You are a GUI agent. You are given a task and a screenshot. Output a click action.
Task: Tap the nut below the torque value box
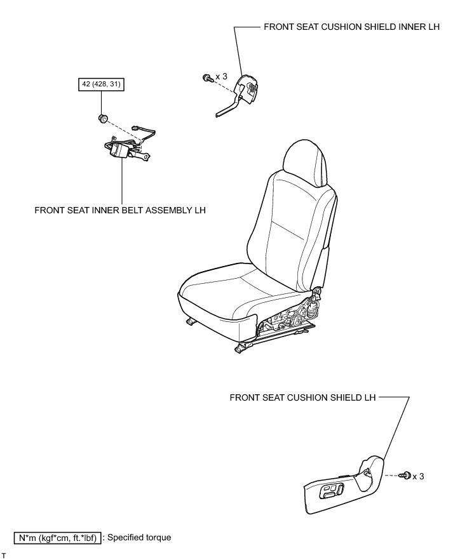[x=102, y=118]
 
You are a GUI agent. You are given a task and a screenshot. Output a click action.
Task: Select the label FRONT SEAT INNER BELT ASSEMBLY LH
[x=120, y=210]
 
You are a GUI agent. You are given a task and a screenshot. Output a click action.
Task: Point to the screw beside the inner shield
[x=207, y=77]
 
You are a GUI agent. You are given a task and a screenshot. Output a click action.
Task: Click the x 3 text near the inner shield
[x=222, y=77]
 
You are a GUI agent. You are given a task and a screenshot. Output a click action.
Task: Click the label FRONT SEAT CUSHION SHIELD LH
[x=302, y=397]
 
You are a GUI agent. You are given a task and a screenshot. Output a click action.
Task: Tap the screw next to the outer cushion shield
[x=404, y=476]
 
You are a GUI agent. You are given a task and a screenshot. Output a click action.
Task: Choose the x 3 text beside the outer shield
[x=418, y=476]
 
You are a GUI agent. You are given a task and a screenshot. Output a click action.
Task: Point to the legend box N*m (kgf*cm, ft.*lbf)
[x=57, y=538]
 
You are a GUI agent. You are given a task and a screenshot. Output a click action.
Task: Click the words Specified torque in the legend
[x=139, y=538]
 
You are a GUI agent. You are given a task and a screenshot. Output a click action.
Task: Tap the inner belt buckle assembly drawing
[x=121, y=150]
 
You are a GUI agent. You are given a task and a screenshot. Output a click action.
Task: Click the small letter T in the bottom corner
[x=4, y=556]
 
